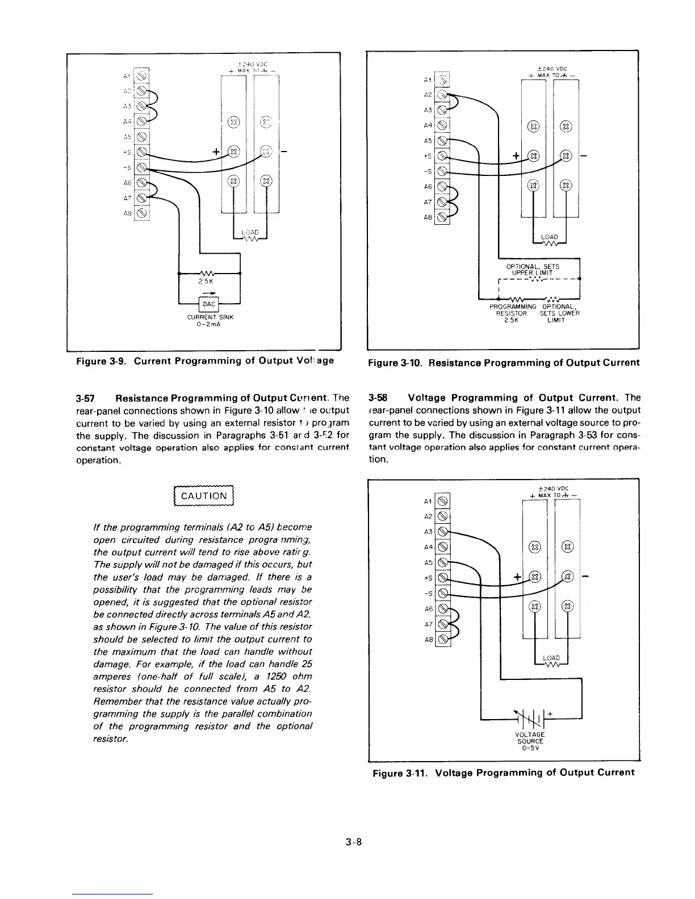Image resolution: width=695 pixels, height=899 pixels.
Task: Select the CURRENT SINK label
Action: click(x=210, y=317)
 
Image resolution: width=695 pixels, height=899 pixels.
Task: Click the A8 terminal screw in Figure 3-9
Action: click(x=142, y=213)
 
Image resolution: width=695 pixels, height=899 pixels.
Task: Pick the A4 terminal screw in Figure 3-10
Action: click(x=443, y=125)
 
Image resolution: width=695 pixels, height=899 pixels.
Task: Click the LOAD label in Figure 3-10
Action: click(x=549, y=237)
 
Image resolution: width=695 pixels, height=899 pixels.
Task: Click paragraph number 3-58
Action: click(x=378, y=397)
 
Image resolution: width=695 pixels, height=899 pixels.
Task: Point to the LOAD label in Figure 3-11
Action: click(x=551, y=658)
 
